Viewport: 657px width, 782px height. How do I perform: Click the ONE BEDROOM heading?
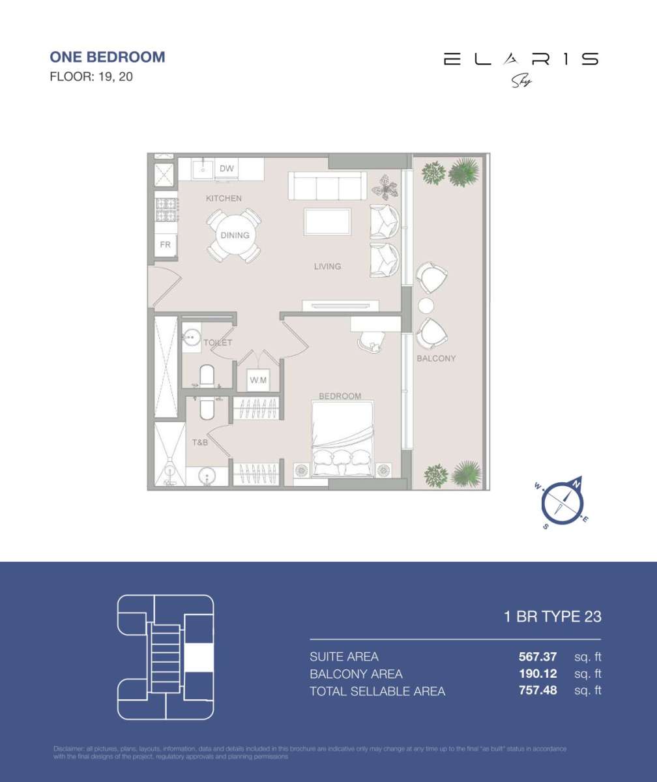click(x=108, y=57)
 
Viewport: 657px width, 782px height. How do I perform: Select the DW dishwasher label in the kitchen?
click(x=226, y=169)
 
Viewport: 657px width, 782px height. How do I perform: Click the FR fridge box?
click(x=166, y=245)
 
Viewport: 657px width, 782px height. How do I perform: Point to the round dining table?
click(x=235, y=235)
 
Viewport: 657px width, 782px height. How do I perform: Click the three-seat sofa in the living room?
click(x=327, y=186)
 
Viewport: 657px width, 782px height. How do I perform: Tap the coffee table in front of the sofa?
click(x=327, y=222)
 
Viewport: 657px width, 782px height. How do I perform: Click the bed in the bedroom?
click(x=343, y=439)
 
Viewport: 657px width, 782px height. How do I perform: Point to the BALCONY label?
click(x=436, y=358)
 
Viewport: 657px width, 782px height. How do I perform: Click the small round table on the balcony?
click(x=426, y=306)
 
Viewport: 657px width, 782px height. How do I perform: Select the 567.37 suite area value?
click(x=538, y=656)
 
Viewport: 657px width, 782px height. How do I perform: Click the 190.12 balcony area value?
click(x=538, y=673)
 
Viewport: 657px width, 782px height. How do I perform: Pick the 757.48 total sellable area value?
click(x=538, y=690)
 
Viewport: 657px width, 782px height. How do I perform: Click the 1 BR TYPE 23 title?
click(x=553, y=616)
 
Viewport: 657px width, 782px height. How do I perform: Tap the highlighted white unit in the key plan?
click(x=199, y=657)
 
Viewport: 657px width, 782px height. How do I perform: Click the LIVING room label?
click(x=327, y=266)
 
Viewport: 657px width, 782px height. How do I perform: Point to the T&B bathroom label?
click(x=200, y=442)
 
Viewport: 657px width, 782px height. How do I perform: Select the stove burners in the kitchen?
click(x=166, y=209)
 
